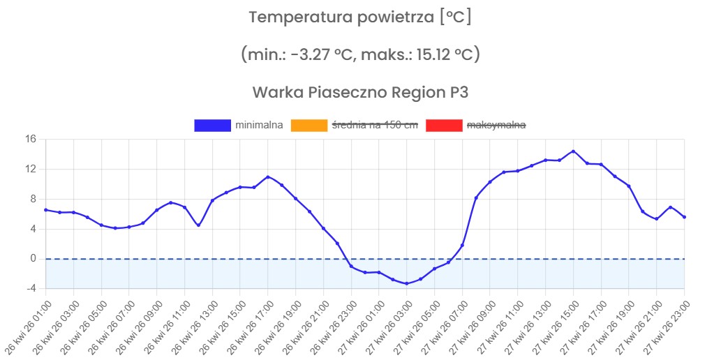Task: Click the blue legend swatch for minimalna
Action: coord(212,125)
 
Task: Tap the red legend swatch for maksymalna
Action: coord(444,125)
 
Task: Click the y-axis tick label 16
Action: coord(30,139)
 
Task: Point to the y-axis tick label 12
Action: coord(30,169)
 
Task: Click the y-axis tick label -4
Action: coord(30,288)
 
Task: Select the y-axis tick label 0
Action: coord(33,258)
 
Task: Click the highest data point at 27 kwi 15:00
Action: coord(573,151)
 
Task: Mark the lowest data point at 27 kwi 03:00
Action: coord(406,283)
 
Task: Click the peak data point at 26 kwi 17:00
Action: coord(268,177)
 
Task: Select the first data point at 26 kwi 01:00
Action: coord(46,210)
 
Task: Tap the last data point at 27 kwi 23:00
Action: coord(684,217)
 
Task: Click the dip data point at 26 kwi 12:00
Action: coord(198,225)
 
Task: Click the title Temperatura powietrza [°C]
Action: coord(360,17)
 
